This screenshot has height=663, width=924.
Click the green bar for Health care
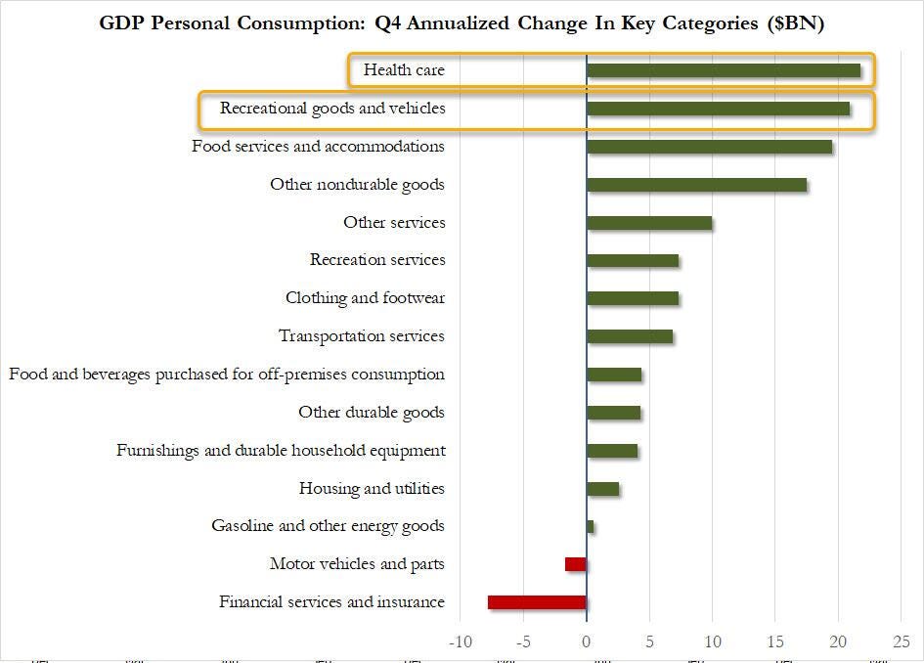tap(724, 70)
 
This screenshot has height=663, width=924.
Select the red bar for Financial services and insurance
tap(537, 602)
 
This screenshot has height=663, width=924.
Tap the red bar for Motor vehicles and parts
tap(576, 564)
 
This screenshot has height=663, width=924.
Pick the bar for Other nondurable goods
tap(696, 185)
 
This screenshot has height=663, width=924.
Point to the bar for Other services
tap(649, 223)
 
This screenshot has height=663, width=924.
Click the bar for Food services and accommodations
tap(709, 147)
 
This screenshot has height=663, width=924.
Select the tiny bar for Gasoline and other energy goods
tap(591, 527)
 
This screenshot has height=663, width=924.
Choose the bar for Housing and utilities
tap(602, 489)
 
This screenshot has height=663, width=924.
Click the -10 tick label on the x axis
tap(460, 641)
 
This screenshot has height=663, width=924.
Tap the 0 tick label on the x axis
tap(587, 641)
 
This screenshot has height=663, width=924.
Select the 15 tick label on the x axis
tap(774, 641)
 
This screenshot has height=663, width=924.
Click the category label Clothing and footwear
tap(365, 298)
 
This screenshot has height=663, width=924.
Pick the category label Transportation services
tap(362, 336)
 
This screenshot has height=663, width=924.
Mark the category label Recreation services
tap(377, 260)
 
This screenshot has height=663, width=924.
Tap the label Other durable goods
tap(372, 413)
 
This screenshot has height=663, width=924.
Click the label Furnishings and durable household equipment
tap(281, 451)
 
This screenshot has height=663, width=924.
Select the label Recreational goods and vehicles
tap(332, 109)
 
